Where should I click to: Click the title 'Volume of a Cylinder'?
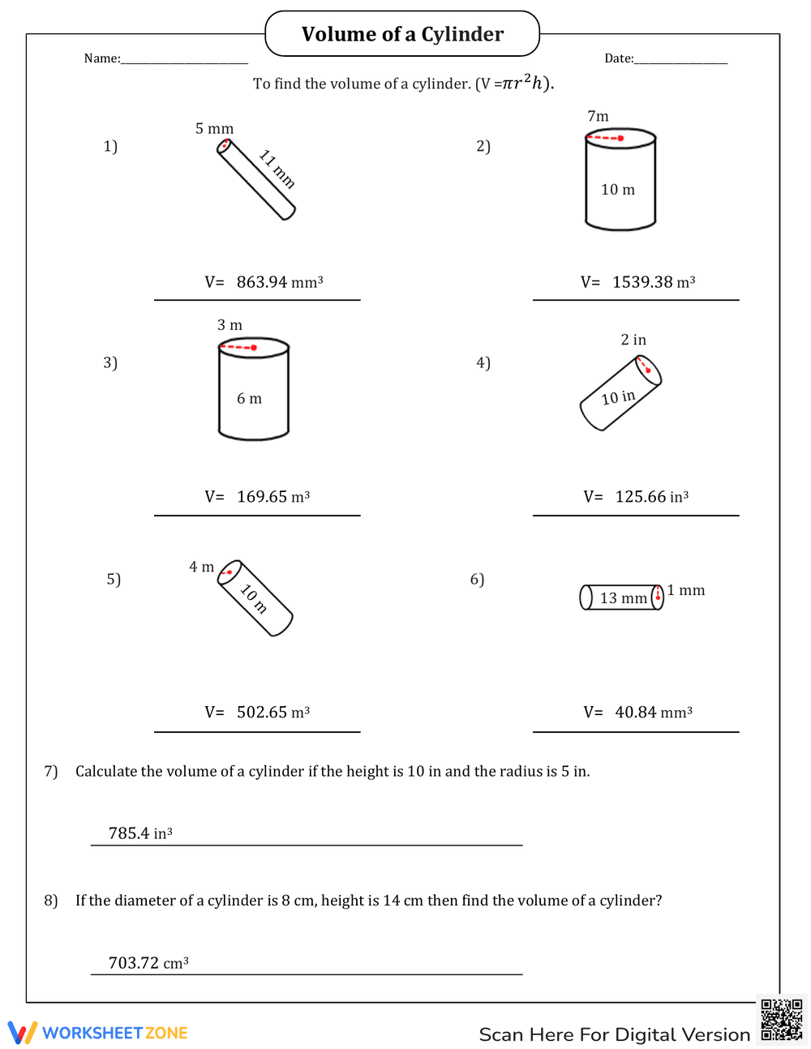tap(402, 34)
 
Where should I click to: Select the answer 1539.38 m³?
tap(654, 282)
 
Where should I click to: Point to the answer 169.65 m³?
tap(272, 497)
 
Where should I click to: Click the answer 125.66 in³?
tap(651, 497)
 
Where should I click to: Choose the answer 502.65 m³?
tap(272, 713)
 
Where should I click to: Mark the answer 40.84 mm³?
tap(653, 713)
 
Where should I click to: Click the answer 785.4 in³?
tap(140, 833)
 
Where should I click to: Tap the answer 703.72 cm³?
tap(148, 963)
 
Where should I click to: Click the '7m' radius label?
tap(598, 117)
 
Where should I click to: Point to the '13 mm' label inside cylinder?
tap(623, 598)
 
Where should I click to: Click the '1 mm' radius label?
tap(686, 590)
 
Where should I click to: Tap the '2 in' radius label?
tap(633, 340)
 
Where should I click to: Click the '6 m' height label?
tap(249, 399)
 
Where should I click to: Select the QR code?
tap(781, 1020)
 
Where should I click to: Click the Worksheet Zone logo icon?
tap(22, 1033)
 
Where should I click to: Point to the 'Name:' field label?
tap(102, 58)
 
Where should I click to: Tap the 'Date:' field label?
tap(619, 58)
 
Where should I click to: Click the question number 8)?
tap(51, 901)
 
